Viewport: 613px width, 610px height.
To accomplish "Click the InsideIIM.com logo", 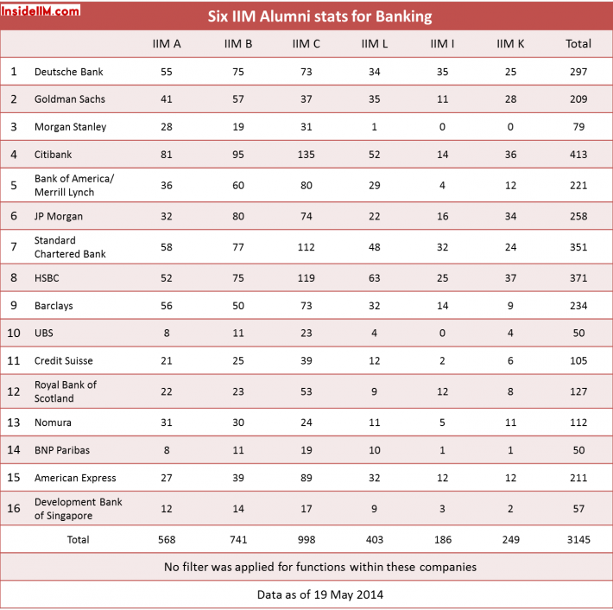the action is point(41,10).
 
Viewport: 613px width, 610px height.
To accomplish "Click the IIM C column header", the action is point(306,44).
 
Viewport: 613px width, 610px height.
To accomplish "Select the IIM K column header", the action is point(510,44).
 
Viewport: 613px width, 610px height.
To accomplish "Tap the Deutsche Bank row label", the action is point(69,72).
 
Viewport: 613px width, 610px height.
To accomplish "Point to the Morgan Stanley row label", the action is point(71,127).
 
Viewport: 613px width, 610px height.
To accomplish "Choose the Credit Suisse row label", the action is point(64,361).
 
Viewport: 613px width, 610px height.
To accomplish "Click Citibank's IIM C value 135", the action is point(306,155).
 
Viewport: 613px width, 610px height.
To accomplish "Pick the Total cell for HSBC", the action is point(578,278).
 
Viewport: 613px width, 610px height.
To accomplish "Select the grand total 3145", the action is point(578,539).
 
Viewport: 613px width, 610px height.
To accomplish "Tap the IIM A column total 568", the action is point(167,539).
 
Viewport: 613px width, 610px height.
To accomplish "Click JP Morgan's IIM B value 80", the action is point(238,216).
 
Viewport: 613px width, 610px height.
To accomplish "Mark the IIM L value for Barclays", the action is point(374,306).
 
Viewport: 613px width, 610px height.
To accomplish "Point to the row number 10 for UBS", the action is point(14,333).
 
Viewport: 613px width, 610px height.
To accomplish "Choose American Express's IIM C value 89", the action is point(306,478).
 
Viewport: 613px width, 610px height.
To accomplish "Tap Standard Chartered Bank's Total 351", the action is point(578,247).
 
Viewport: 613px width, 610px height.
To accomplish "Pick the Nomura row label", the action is point(53,423).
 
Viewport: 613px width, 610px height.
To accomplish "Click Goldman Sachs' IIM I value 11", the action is point(443,99).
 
